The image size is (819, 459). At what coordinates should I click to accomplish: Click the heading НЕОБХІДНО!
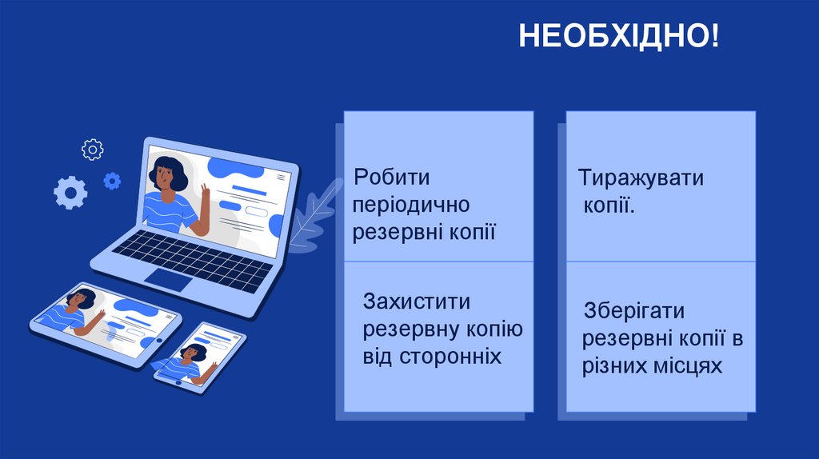[x=619, y=37]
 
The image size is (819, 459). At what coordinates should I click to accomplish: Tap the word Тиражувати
[x=641, y=177]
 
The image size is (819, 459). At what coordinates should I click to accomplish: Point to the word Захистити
[x=416, y=302]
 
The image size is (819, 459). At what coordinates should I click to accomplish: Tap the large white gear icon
[x=70, y=192]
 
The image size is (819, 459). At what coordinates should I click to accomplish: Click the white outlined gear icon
[x=93, y=149]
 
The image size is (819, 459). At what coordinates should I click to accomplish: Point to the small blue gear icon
[x=112, y=181]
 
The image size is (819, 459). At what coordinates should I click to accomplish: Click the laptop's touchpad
[x=168, y=279]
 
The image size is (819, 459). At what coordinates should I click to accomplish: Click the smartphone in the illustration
[x=200, y=357]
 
